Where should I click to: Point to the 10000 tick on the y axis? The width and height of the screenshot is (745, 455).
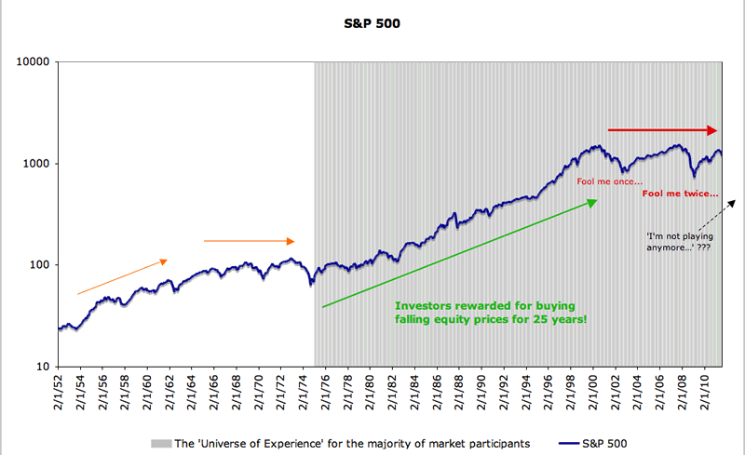tap(35, 62)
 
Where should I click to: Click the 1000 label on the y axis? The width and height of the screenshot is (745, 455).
tap(38, 164)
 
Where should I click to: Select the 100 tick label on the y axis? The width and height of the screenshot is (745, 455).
tap(41, 265)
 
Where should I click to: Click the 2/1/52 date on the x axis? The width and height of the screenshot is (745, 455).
tap(61, 393)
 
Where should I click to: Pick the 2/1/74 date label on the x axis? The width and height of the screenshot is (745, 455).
tap(303, 393)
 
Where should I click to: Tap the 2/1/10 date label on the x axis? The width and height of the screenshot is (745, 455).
tap(699, 393)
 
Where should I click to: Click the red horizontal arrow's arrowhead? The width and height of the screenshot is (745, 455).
tap(712, 130)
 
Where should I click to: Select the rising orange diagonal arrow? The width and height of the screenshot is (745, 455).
tap(121, 276)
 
